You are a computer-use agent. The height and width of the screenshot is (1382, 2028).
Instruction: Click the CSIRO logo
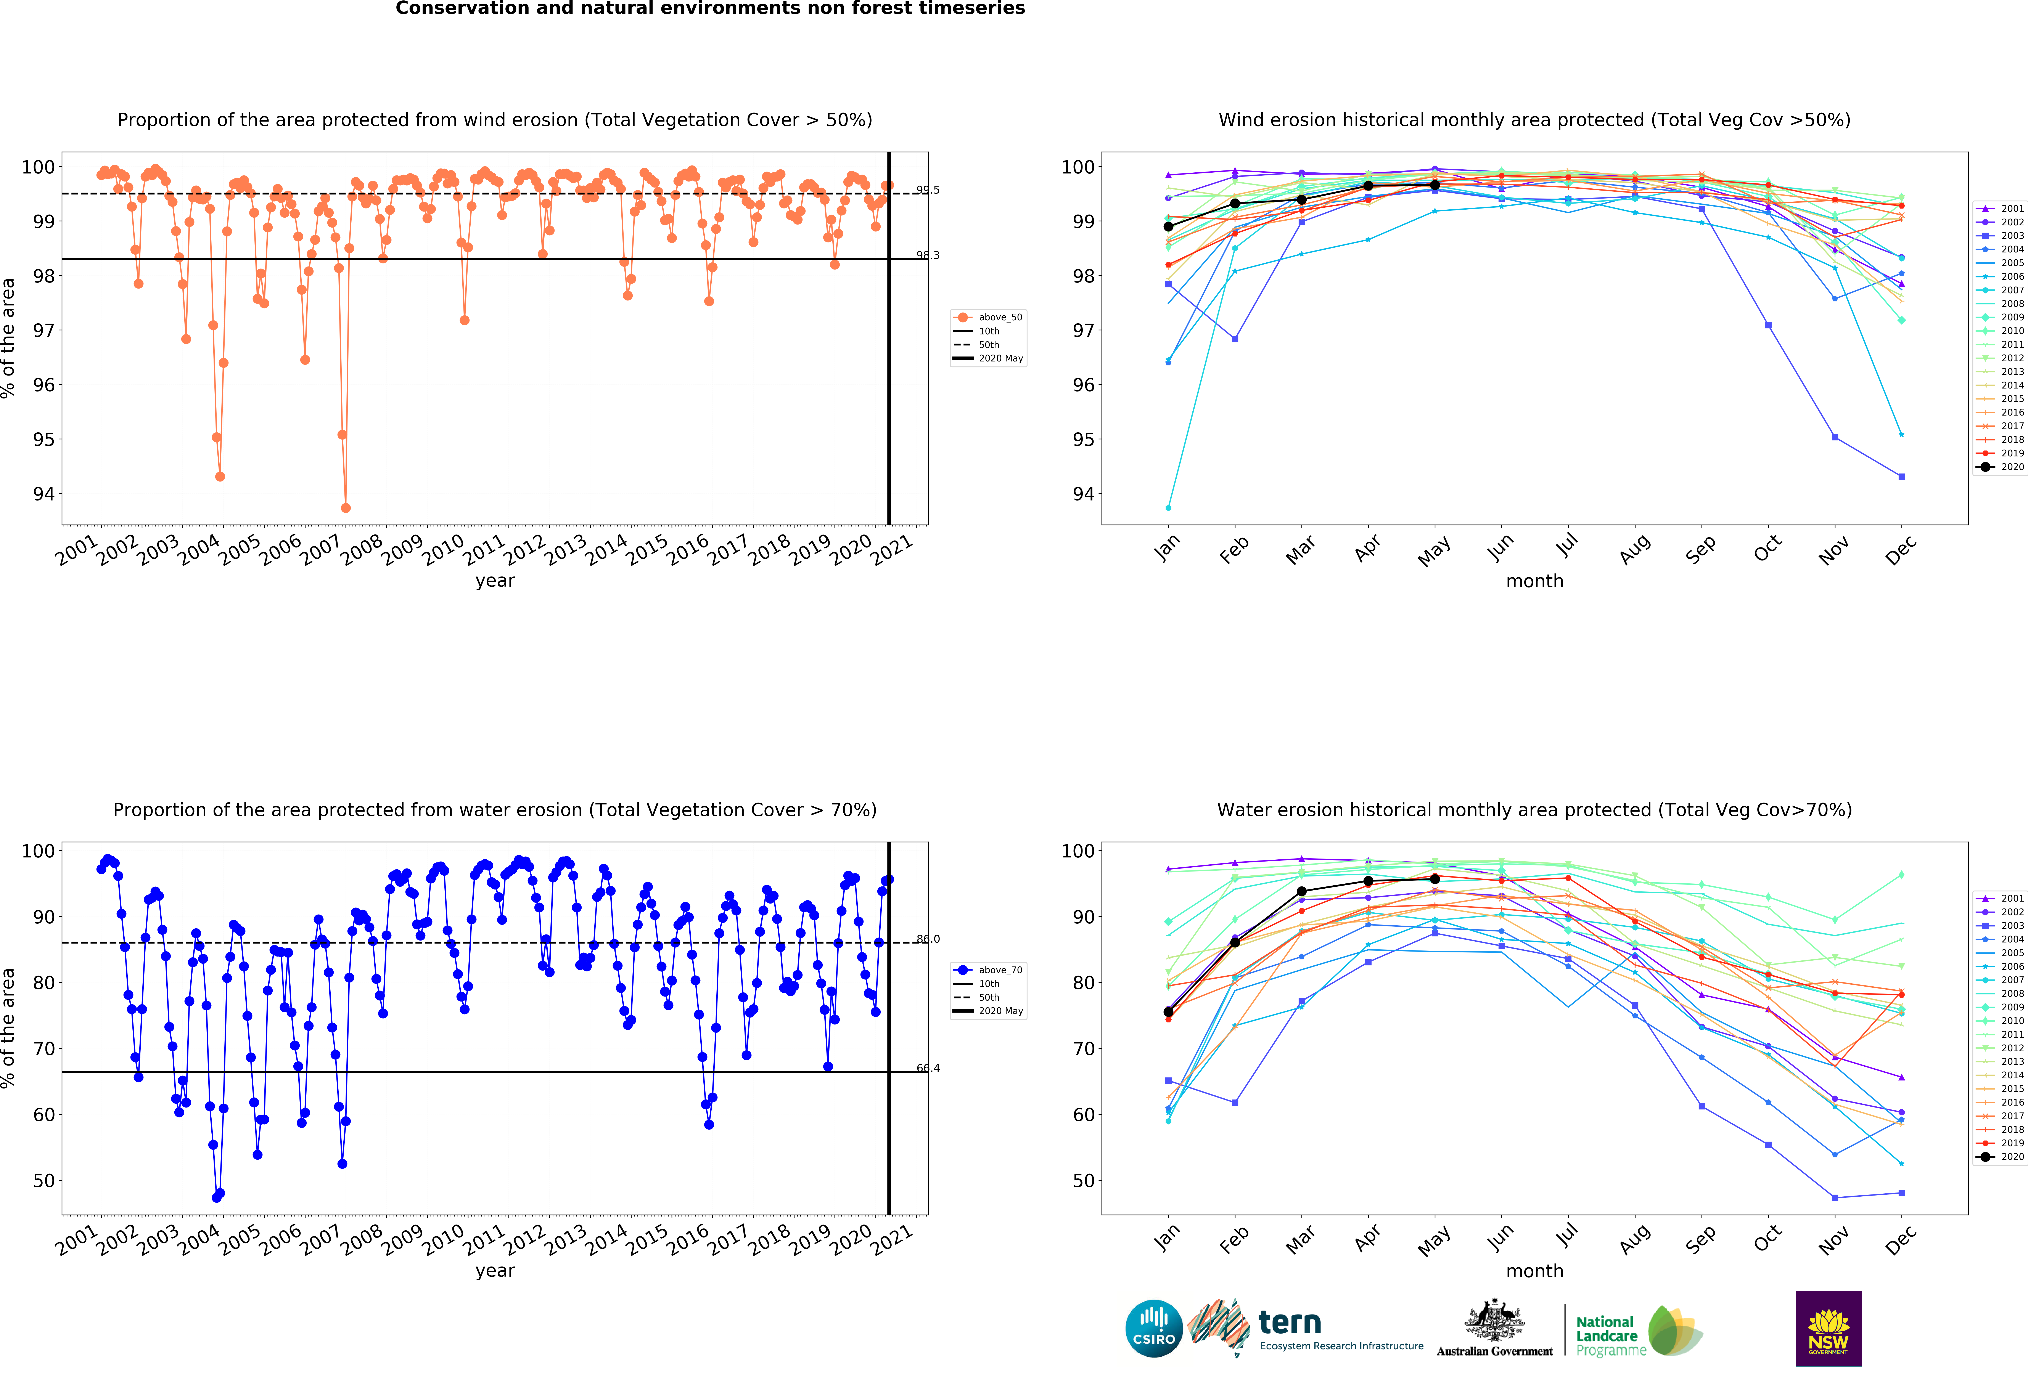coord(1154,1329)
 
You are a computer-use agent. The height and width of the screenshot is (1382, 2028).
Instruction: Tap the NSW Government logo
coord(1828,1328)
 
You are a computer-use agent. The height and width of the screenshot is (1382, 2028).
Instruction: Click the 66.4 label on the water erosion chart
coord(928,1068)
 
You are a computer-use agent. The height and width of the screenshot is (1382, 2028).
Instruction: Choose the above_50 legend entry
coord(989,318)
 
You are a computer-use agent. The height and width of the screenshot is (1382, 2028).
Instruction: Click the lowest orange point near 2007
coord(346,508)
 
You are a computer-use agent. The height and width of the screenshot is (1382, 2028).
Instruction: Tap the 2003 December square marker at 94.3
coord(1901,476)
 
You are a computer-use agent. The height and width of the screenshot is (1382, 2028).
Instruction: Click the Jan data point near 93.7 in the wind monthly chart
coord(1168,508)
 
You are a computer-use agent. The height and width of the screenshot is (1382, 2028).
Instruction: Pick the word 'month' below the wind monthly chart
coord(1534,581)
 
